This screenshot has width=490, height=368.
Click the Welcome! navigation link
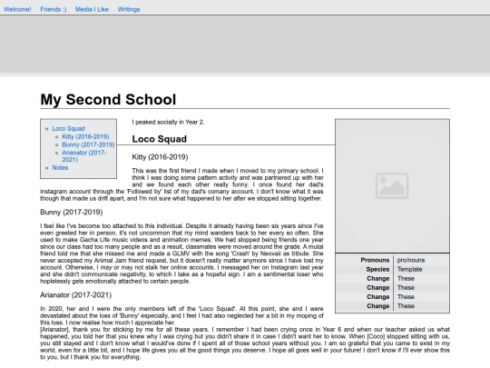click(x=17, y=8)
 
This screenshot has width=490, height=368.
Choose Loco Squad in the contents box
click(x=69, y=129)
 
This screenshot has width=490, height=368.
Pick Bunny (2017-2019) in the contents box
click(x=88, y=144)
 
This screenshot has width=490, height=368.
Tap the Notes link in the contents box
click(x=60, y=167)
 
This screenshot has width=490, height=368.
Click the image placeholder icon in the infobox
click(x=393, y=187)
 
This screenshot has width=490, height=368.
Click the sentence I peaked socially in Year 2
click(x=168, y=122)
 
